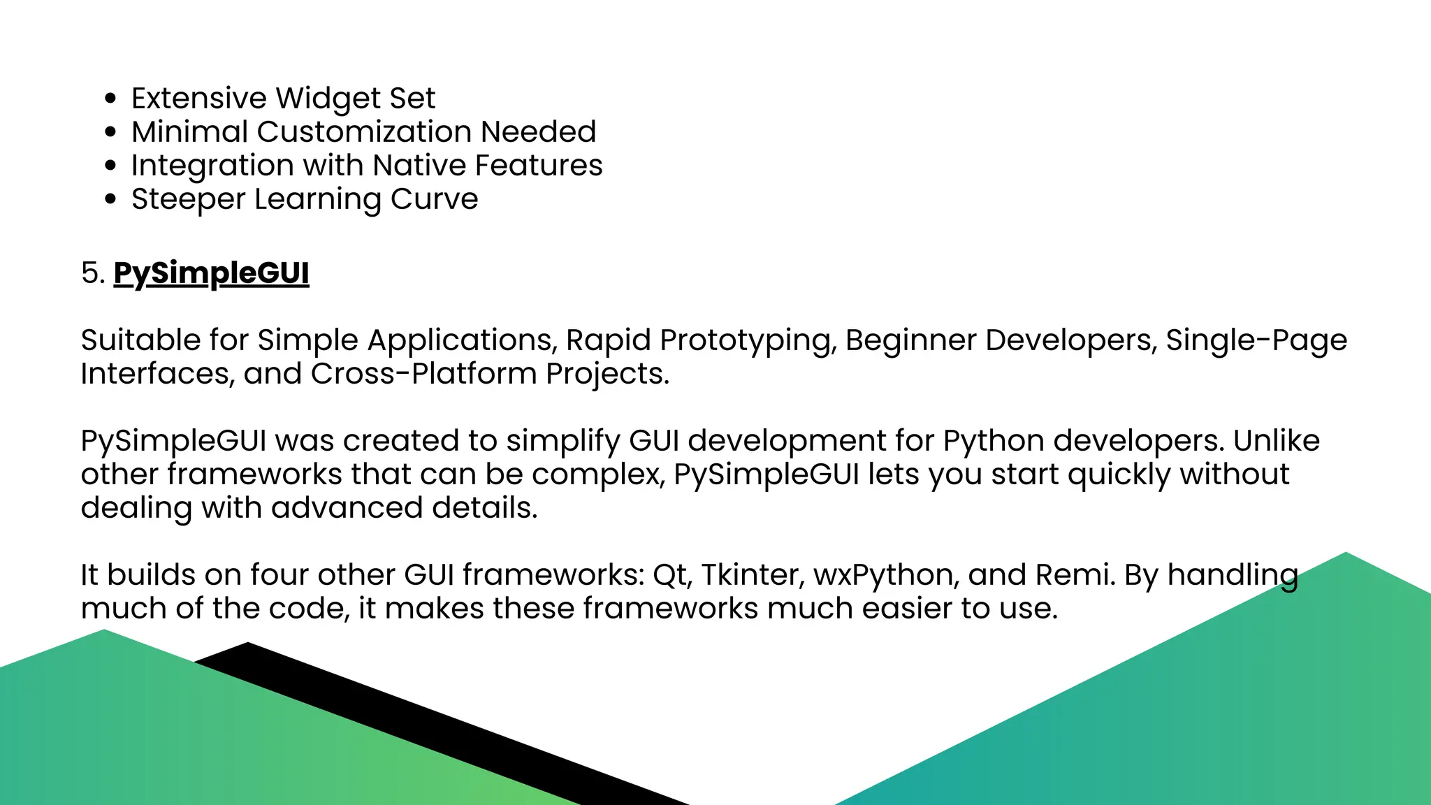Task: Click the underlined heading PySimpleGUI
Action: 211,273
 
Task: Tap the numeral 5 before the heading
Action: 89,273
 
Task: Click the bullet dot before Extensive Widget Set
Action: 110,99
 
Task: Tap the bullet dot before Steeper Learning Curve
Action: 110,199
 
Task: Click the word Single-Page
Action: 1256,340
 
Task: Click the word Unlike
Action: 1276,441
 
